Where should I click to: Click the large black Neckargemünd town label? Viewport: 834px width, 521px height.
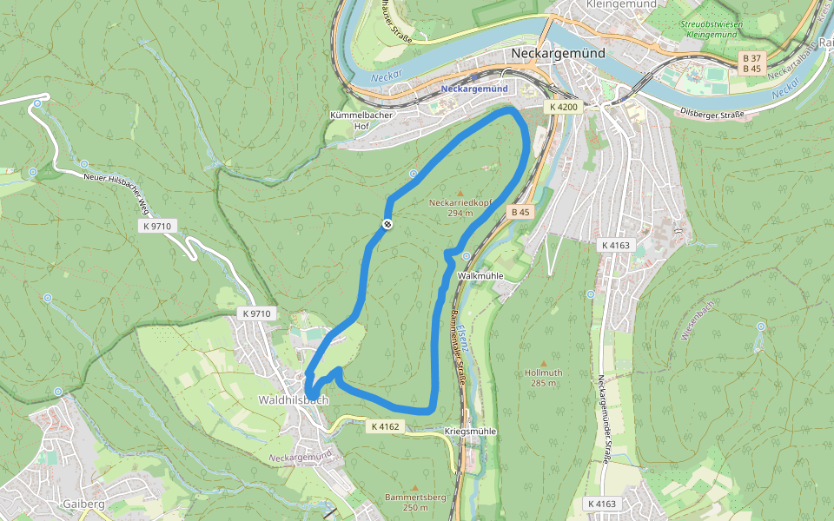click(559, 53)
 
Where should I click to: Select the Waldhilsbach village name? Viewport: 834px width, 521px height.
click(294, 400)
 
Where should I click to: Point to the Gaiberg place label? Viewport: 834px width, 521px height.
click(83, 505)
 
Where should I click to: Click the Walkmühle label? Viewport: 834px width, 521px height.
click(480, 275)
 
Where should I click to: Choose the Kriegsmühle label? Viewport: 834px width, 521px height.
click(470, 432)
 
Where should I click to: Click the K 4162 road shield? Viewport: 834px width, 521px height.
click(385, 426)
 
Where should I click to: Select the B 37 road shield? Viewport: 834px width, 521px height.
click(751, 57)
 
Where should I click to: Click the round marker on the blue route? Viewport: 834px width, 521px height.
click(387, 224)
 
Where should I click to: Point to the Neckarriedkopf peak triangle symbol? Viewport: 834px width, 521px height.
click(460, 192)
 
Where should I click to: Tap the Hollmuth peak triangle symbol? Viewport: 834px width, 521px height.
click(544, 362)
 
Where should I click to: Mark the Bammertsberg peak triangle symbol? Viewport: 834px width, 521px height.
click(414, 486)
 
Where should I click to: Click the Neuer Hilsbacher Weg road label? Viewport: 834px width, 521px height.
click(115, 191)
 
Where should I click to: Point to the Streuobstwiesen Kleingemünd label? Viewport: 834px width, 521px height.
click(712, 30)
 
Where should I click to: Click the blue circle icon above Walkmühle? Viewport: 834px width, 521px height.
click(467, 256)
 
